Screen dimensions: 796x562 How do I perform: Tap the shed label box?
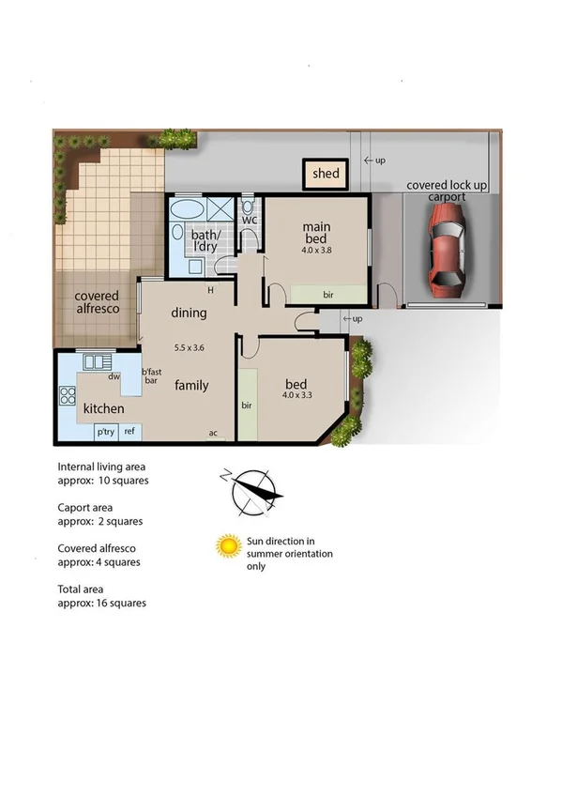click(x=326, y=174)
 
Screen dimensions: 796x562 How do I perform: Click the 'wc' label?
click(x=250, y=221)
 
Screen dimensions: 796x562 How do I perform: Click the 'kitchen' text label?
click(x=103, y=409)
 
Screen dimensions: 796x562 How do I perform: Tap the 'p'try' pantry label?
click(x=105, y=432)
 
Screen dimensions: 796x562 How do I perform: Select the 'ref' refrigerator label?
click(x=129, y=432)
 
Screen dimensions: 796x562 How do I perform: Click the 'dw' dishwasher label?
click(x=113, y=377)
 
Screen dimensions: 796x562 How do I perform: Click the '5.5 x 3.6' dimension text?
click(x=188, y=346)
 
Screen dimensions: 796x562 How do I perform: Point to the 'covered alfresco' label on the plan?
click(x=97, y=303)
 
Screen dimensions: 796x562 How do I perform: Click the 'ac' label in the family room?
click(x=214, y=433)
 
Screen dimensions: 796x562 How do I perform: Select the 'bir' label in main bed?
click(x=328, y=295)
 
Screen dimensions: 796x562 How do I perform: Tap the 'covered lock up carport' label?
click(x=447, y=191)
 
